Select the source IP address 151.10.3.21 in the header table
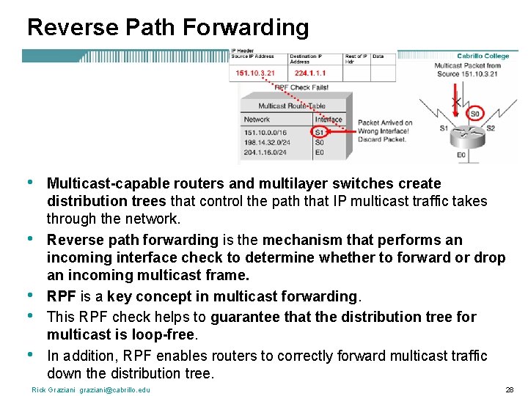coord(255,73)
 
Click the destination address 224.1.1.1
coord(310,73)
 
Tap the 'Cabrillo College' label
coord(483,56)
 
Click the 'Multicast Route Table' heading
coord(291,106)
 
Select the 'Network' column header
coord(257,120)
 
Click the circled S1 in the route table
coord(319,132)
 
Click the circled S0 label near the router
coord(475,114)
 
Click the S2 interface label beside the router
coord(490,128)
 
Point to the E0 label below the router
coord(461,155)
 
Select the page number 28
coord(509,389)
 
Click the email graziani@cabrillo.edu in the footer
coord(115,389)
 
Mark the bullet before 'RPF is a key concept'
coord(29,296)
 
